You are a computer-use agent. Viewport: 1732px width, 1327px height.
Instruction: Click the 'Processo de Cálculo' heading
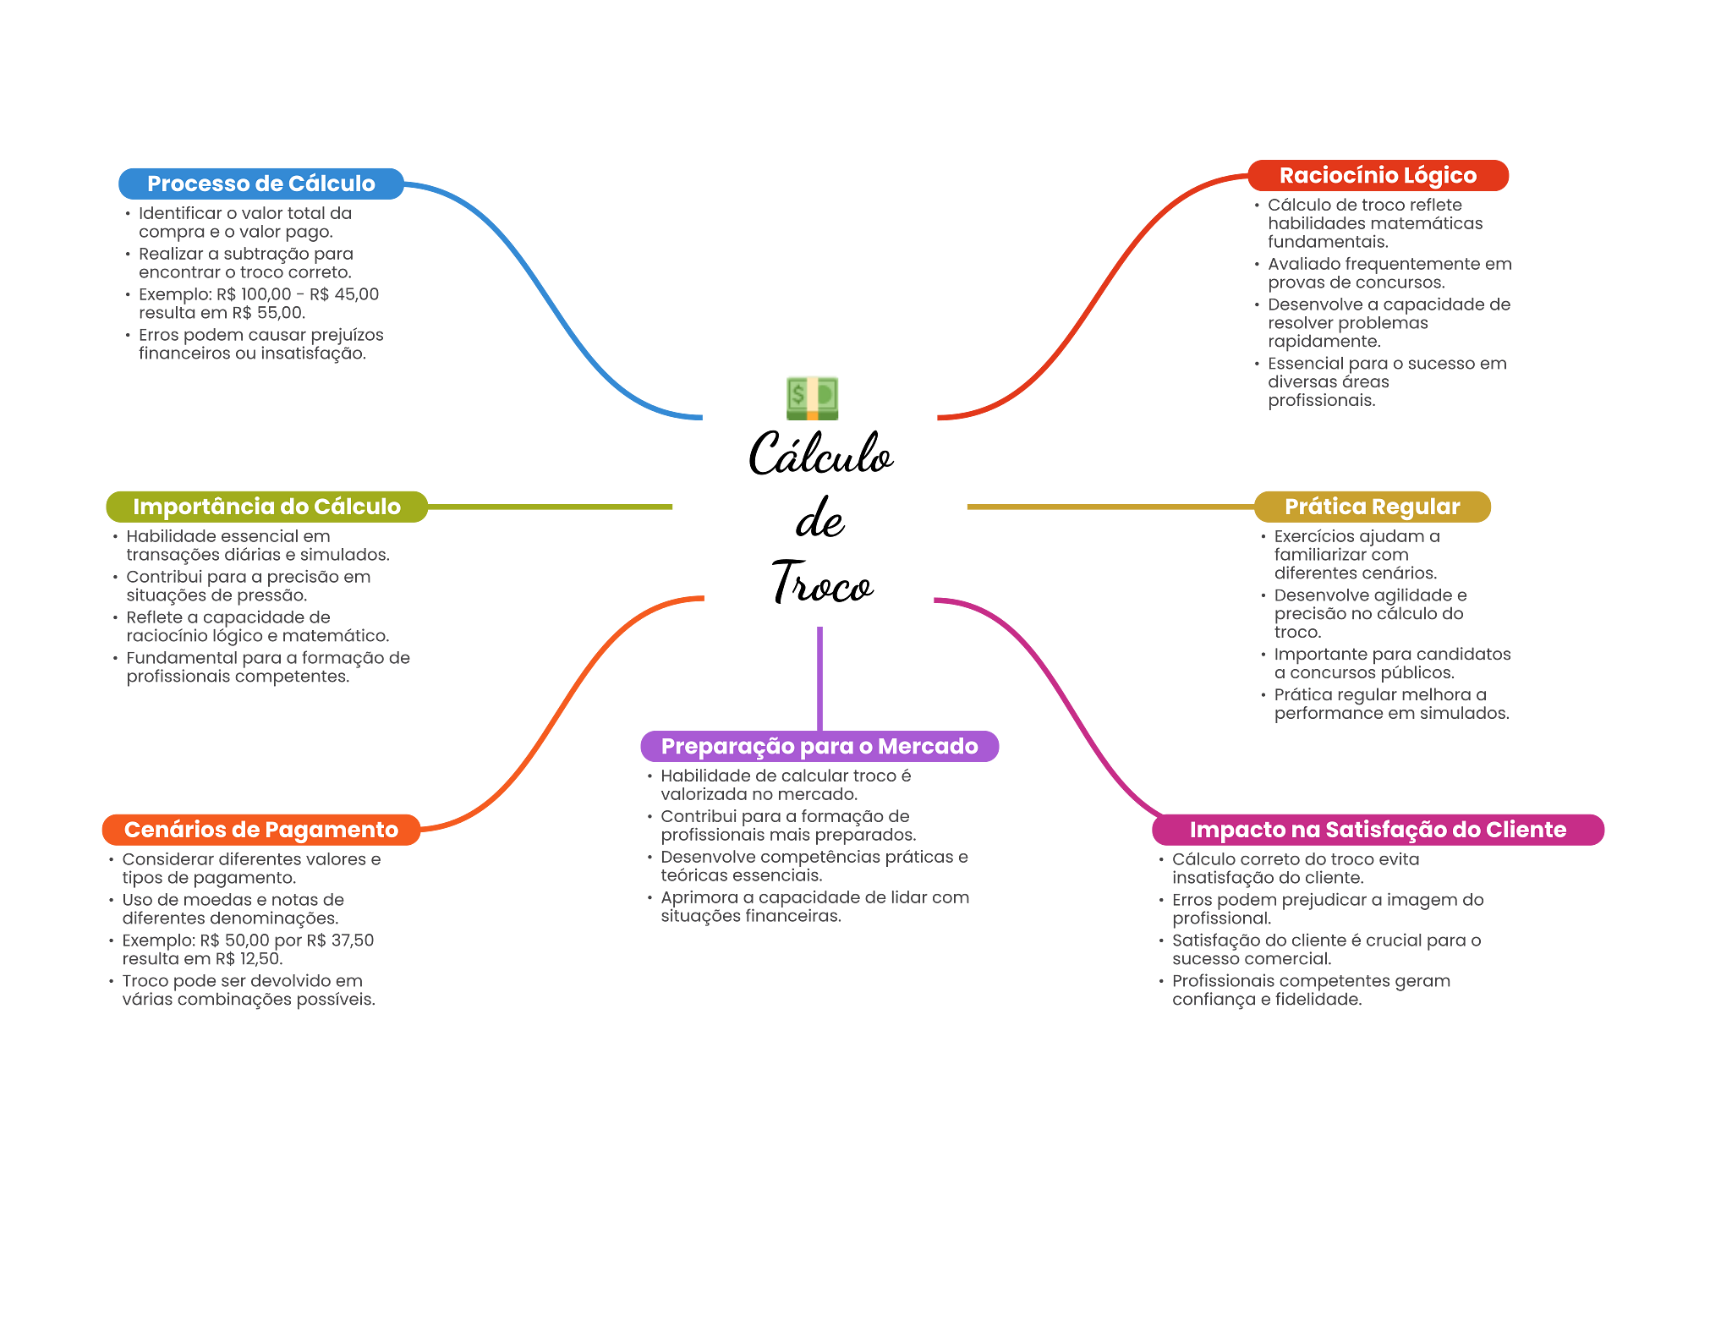[x=260, y=184]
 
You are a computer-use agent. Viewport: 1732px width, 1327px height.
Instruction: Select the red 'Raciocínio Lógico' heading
[x=1377, y=175]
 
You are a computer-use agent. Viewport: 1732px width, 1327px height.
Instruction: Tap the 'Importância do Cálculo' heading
[x=266, y=507]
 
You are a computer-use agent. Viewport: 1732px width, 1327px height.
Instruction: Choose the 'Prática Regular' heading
[x=1372, y=507]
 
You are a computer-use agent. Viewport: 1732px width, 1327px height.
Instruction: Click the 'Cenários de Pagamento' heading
[x=260, y=830]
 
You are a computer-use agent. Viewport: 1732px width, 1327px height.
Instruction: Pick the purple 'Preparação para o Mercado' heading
[x=819, y=746]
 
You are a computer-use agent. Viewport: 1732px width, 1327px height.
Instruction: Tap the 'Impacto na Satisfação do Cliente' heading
[x=1377, y=830]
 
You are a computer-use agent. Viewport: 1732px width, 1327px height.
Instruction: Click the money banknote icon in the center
[x=812, y=398]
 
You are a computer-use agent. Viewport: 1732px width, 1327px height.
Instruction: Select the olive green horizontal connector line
[x=550, y=507]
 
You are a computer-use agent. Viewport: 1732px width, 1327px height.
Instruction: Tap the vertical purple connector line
[x=819, y=677]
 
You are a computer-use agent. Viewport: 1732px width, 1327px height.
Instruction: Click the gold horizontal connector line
[x=1108, y=507]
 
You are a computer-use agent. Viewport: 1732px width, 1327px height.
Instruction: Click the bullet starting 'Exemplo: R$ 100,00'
[x=258, y=304]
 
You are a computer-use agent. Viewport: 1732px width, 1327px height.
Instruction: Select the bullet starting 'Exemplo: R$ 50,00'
[x=247, y=950]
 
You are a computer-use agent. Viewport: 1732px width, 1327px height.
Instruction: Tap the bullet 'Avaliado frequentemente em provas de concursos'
[x=1388, y=273]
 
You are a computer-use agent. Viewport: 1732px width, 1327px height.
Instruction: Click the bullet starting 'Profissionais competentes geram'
[x=1310, y=990]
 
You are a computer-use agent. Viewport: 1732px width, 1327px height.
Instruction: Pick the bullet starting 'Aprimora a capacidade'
[x=814, y=907]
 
